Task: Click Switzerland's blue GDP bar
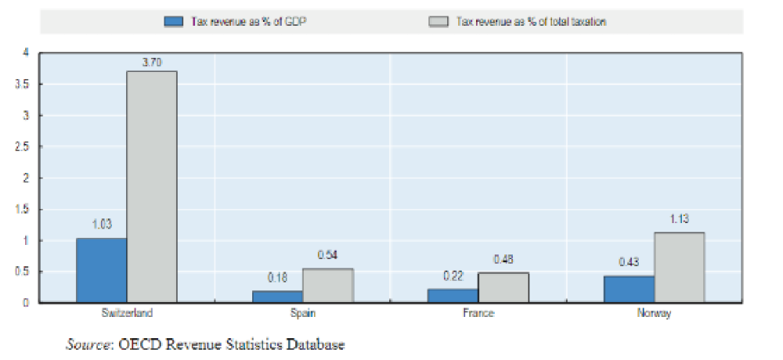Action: [x=102, y=270]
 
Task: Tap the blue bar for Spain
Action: [x=277, y=297]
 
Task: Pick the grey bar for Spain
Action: [x=327, y=286]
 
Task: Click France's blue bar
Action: [x=453, y=295]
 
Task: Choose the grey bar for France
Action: [x=503, y=287]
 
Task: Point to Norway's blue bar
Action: [x=629, y=289]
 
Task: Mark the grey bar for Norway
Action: [x=679, y=267]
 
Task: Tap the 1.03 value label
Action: [x=102, y=225]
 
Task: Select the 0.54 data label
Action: [x=327, y=255]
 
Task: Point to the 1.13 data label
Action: [x=679, y=219]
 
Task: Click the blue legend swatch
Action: [x=173, y=21]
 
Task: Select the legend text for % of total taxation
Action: [x=532, y=22]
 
